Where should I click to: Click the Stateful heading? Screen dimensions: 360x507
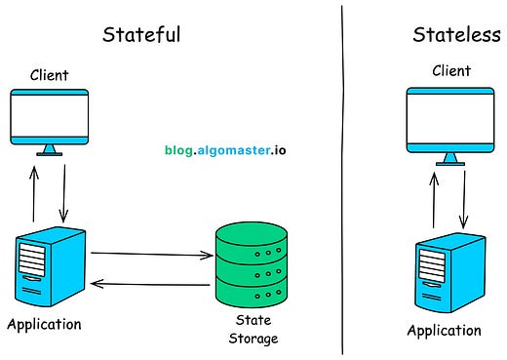[x=141, y=36]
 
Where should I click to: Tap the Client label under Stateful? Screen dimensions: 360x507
[x=49, y=73]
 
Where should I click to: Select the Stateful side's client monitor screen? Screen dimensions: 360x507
[x=49, y=115]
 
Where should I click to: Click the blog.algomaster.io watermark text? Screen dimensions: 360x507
[x=224, y=151]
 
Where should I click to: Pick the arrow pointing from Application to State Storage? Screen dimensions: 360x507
[x=151, y=255]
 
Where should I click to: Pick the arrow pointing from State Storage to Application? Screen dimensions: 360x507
[x=151, y=285]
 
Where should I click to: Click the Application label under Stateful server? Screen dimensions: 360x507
[x=44, y=324]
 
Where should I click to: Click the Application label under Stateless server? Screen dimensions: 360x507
[x=444, y=331]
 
